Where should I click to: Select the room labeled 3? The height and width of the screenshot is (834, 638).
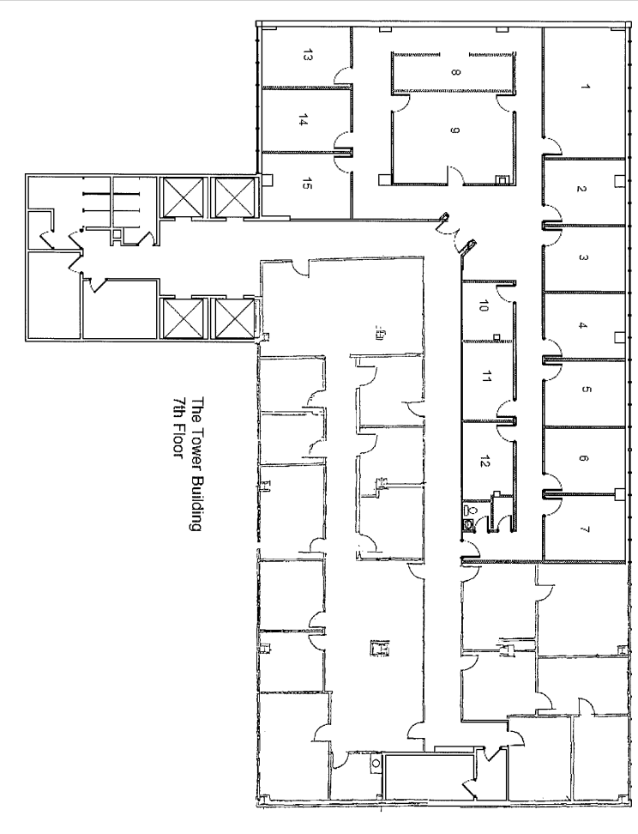[x=583, y=257]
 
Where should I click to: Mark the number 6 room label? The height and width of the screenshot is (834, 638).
[x=584, y=459]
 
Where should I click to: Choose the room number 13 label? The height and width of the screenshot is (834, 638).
[x=306, y=57]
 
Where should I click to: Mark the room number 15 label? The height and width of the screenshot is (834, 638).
[x=306, y=182]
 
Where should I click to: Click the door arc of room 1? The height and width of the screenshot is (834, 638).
[x=550, y=142]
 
